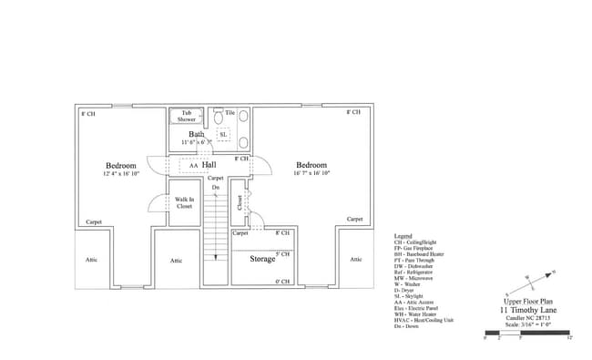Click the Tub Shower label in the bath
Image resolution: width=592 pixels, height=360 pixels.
[186, 116]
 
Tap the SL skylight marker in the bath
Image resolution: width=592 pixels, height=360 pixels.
[223, 134]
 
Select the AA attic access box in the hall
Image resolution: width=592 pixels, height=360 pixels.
[193, 166]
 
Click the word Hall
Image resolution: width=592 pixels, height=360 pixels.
[209, 165]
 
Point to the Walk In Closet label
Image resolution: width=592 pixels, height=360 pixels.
[185, 202]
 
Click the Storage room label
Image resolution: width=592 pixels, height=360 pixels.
[263, 259]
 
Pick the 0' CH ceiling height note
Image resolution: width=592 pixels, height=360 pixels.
[282, 282]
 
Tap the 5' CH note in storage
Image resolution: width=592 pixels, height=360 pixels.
[282, 254]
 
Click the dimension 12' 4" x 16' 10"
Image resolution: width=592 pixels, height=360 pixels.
[120, 173]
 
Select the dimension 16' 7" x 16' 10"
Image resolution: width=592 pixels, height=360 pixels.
[311, 172]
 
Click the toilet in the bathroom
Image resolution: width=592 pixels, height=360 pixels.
[219, 118]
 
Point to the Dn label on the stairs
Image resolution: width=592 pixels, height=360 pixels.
[216, 187]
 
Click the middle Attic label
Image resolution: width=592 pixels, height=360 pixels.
[176, 261]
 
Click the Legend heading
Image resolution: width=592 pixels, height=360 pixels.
[403, 234]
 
